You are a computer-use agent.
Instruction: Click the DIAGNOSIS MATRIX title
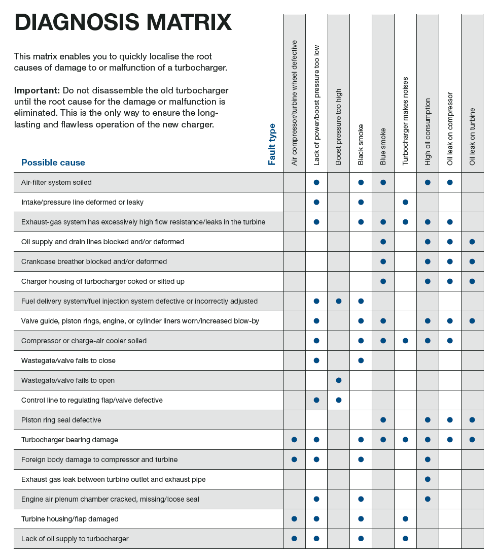(x=123, y=23)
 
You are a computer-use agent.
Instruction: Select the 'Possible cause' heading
(x=53, y=162)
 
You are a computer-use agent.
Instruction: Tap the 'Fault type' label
(x=272, y=144)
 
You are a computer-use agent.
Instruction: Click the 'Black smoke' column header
(x=361, y=145)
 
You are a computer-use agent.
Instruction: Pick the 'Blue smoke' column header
(x=383, y=146)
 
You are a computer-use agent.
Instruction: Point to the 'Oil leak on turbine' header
(x=472, y=136)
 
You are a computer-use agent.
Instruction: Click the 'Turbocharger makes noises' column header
(x=405, y=121)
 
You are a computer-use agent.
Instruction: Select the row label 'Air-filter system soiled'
(x=56, y=182)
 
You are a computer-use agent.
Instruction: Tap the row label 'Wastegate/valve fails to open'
(x=68, y=380)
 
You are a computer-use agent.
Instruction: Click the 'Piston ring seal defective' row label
(x=61, y=420)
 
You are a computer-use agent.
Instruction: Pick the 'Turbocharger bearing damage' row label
(x=69, y=440)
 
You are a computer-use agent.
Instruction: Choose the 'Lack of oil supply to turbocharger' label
(x=75, y=539)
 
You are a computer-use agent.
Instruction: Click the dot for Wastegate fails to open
(x=339, y=380)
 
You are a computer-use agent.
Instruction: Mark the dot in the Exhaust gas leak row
(x=428, y=479)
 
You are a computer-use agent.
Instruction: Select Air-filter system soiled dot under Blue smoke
(x=383, y=182)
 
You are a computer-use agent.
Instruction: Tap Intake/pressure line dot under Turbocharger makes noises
(x=405, y=202)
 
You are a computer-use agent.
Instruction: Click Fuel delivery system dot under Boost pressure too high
(x=339, y=301)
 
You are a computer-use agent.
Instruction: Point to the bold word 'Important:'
(x=37, y=90)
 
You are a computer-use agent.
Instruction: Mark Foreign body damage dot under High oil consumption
(x=428, y=459)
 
